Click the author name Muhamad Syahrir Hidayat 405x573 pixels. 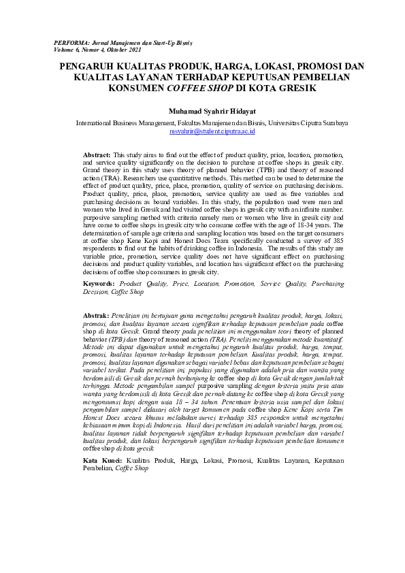coord(212,110)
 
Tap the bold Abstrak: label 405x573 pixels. coord(96,316)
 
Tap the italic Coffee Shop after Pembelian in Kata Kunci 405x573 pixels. coord(133,468)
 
